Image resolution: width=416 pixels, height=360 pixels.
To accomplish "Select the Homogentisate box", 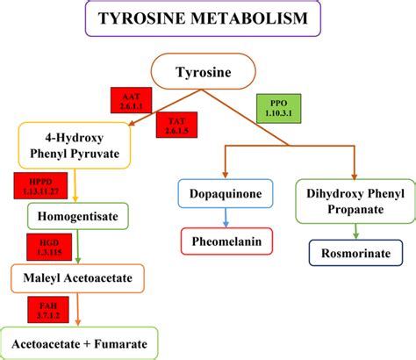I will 78,216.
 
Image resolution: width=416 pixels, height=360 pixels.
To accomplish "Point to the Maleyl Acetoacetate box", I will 78,278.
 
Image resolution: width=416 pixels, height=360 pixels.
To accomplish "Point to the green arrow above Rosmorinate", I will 355,231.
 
